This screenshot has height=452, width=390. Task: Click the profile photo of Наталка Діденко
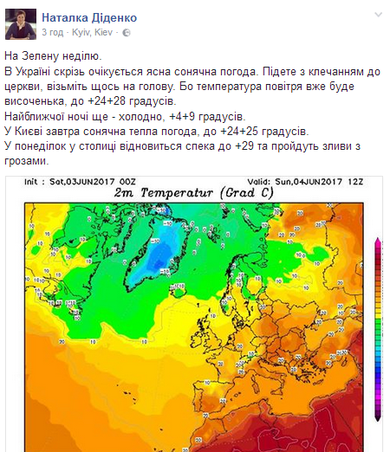coord(21,24)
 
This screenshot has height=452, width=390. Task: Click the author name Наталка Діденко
coord(84,16)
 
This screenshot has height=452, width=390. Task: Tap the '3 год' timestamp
coord(53,32)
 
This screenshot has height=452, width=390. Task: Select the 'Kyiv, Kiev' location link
coord(94,32)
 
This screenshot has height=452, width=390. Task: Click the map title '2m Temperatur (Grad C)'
coord(187,192)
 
